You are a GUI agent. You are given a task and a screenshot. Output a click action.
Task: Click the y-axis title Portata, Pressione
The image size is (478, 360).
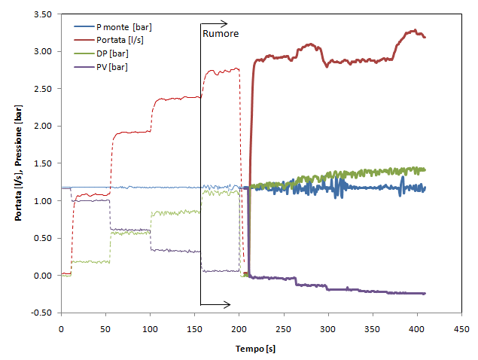pos(18,162)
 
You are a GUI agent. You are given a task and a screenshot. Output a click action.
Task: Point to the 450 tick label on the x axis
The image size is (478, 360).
pos(461,329)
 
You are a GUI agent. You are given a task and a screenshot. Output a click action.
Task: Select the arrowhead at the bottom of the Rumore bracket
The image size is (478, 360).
pos(227,305)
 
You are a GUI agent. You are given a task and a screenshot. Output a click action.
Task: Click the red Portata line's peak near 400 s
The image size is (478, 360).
pos(414,31)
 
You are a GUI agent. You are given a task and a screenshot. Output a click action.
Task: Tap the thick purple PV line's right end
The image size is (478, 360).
pos(425,293)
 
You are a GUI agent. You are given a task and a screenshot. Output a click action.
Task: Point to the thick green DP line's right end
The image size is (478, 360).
pos(425,169)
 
